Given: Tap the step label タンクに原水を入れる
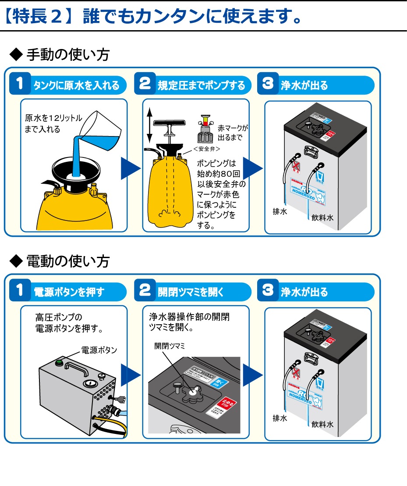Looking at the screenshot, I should pyautogui.click(x=76, y=85).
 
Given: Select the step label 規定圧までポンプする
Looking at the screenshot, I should pyautogui.click(x=201, y=85).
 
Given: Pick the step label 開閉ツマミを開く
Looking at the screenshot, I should pyautogui.click(x=191, y=292).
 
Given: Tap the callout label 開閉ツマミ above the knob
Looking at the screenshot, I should pyautogui.click(x=170, y=346).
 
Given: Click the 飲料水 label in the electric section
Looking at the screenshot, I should pyautogui.click(x=322, y=424).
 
